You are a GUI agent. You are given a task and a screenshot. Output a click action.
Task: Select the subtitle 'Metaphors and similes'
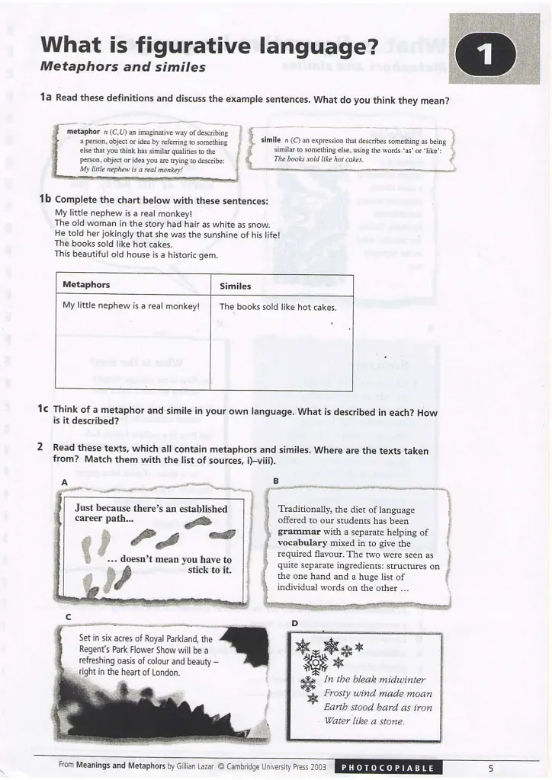[x=123, y=67]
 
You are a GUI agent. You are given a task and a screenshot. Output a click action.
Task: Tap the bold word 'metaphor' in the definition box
[x=83, y=132]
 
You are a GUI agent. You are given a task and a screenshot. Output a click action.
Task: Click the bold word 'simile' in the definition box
[x=271, y=140]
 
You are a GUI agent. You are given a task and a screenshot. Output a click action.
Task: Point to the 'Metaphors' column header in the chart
[x=86, y=285]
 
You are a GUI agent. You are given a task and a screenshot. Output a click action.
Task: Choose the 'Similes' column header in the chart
[x=236, y=286]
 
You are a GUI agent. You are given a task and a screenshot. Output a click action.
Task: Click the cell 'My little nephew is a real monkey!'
[x=131, y=305]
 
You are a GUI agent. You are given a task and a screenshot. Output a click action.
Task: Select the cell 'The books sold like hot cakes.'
[x=278, y=307]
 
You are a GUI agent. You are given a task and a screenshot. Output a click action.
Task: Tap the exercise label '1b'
[x=45, y=199]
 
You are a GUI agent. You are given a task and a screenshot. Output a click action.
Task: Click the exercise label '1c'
[x=43, y=408]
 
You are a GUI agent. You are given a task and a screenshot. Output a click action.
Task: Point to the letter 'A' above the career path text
[x=64, y=482]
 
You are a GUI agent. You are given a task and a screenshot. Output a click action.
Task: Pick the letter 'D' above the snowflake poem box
[x=294, y=623]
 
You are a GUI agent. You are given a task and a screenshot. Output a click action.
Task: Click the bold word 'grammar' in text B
[x=299, y=532]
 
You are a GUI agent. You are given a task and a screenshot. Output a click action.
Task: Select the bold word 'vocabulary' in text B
[x=302, y=543]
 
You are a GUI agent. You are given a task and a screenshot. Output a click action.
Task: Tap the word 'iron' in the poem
[x=422, y=708]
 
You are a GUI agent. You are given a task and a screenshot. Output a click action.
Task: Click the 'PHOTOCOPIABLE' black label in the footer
[x=388, y=768]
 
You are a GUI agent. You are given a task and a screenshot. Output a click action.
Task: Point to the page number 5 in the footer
[x=491, y=769]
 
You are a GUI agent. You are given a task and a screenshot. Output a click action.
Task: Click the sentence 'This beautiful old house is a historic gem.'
[x=136, y=254]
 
